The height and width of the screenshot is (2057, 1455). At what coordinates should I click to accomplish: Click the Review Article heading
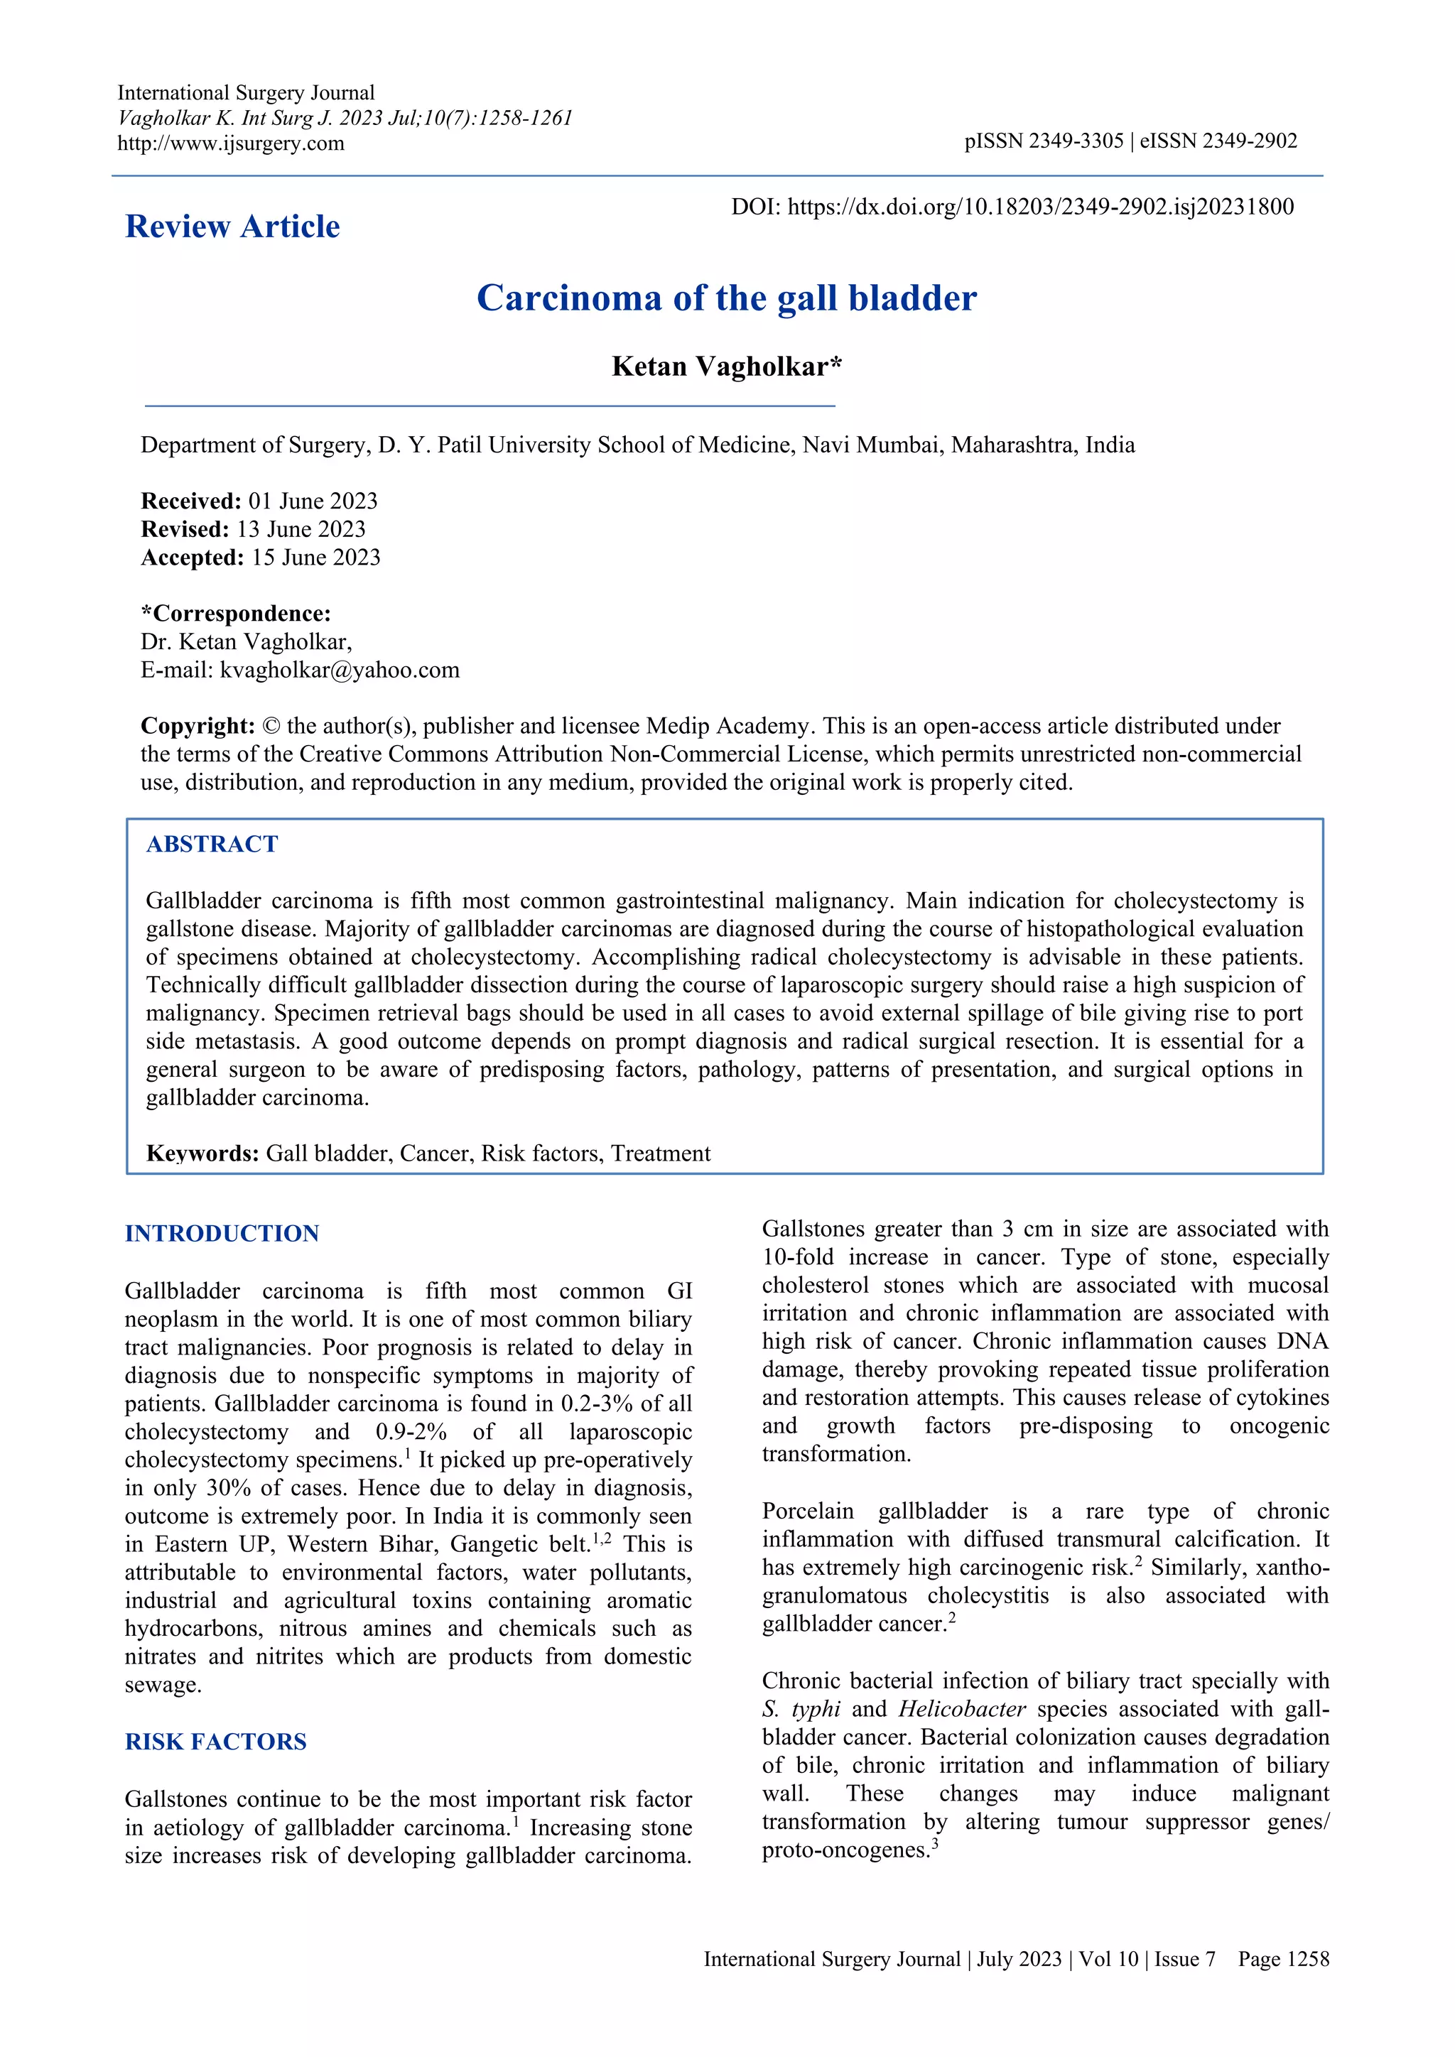(x=232, y=227)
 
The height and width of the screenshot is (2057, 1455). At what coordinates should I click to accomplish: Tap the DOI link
(x=1040, y=207)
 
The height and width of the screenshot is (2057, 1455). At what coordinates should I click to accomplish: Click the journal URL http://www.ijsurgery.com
(x=230, y=143)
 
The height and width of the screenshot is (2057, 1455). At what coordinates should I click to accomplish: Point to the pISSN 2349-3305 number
(x=1043, y=141)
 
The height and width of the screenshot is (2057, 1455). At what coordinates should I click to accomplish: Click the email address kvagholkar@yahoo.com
(x=340, y=670)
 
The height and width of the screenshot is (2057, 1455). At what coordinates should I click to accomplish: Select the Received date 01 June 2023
(x=313, y=501)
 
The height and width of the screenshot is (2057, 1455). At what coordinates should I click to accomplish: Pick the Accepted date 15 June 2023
(x=315, y=558)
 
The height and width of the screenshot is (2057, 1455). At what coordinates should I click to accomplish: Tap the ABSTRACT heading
(x=212, y=844)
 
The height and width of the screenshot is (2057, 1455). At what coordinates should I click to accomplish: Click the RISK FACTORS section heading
(x=215, y=1742)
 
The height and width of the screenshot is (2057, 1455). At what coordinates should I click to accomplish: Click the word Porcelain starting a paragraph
(x=807, y=1511)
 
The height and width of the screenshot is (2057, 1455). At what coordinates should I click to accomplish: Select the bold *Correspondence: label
(x=236, y=614)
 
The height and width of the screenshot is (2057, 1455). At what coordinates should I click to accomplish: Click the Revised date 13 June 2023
(x=301, y=529)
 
